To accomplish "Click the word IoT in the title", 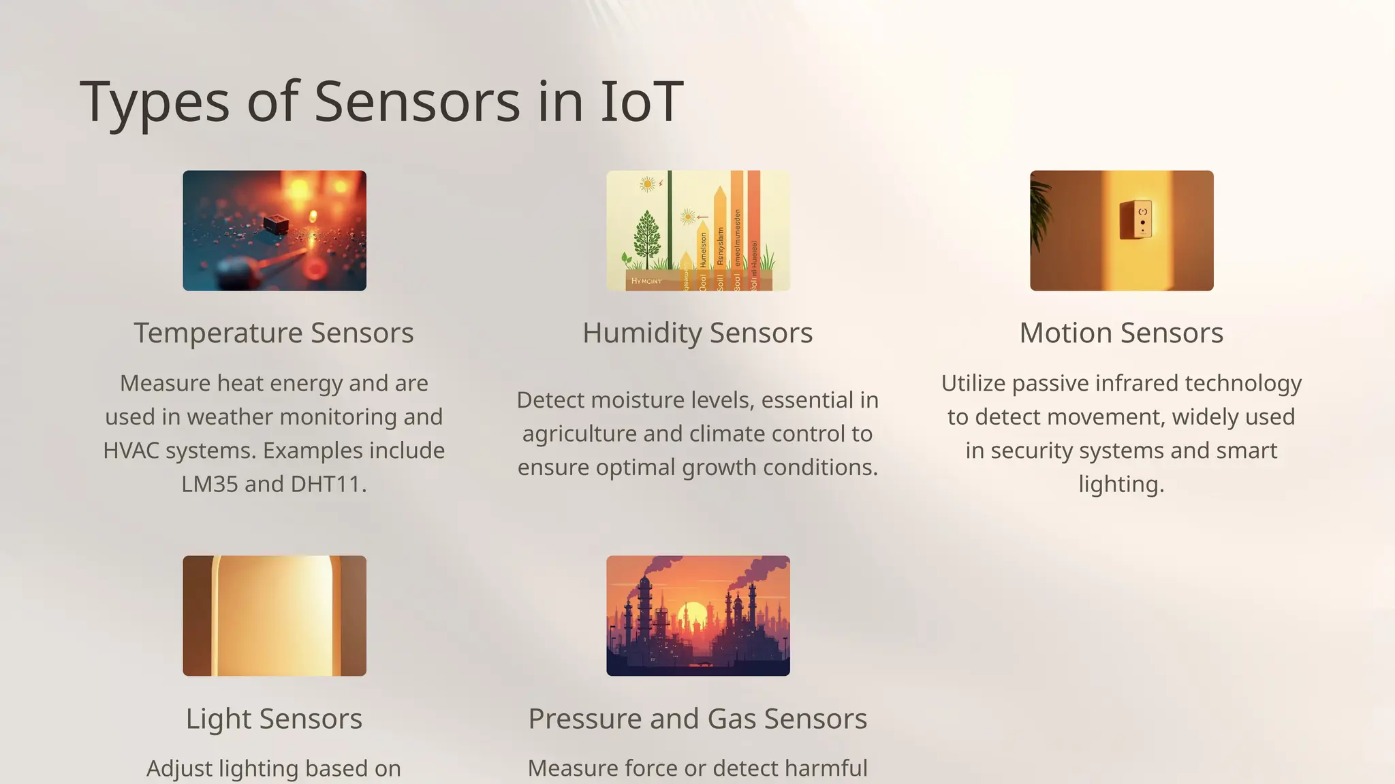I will point(641,102).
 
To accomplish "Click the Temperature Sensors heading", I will point(274,333).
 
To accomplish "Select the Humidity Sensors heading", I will point(697,333).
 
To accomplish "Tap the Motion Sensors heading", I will point(1121,333).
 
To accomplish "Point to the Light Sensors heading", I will point(274,719).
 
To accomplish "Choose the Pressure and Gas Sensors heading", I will point(697,719).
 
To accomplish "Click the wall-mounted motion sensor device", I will point(1136,219).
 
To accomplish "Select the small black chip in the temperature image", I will point(276,223).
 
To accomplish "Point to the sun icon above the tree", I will point(647,184).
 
